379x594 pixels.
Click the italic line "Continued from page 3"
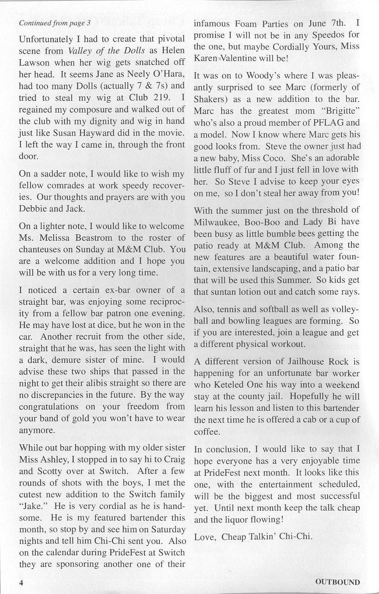pyautogui.click(x=55, y=22)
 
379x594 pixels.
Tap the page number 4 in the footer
pyautogui.click(x=21, y=582)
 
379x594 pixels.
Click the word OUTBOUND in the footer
pyautogui.click(x=337, y=582)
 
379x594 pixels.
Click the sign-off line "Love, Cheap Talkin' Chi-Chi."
pyautogui.click(x=253, y=537)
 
